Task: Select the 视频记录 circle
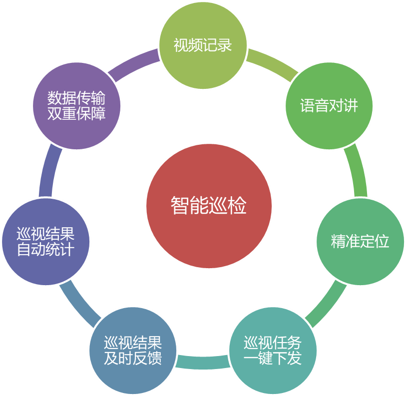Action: click(203, 45)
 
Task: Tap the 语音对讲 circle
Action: click(329, 105)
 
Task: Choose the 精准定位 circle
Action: click(360, 242)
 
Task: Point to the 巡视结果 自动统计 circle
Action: click(46, 242)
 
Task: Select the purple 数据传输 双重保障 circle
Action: click(76, 105)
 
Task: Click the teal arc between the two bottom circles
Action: click(203, 362)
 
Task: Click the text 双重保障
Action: click(76, 113)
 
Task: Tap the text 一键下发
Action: click(273, 359)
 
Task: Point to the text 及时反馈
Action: click(133, 359)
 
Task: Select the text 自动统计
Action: click(46, 250)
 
